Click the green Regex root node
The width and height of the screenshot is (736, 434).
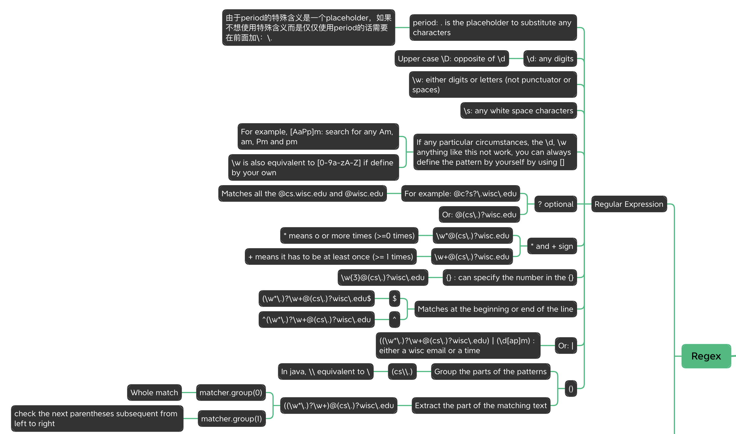coord(706,356)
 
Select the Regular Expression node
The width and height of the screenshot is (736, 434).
coord(629,204)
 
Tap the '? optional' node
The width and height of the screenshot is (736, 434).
coord(556,204)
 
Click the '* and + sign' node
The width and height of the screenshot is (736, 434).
coord(552,246)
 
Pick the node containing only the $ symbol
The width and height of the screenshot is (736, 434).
coord(394,298)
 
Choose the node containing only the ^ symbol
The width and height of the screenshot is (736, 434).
coord(394,319)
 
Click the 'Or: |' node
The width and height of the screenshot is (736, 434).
coord(566,346)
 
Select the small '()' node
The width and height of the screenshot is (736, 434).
coord(571,389)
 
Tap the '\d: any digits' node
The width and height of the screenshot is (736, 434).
coord(550,59)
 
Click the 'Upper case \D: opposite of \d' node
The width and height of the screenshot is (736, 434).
coord(452,59)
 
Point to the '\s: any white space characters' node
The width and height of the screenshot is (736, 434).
coord(519,111)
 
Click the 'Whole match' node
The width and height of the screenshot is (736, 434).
coord(154,393)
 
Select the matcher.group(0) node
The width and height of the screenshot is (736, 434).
coord(231,393)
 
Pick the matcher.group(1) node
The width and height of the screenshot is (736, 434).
coord(232,419)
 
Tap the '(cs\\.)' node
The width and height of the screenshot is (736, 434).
coord(402,371)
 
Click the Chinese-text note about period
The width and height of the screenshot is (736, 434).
coord(309,28)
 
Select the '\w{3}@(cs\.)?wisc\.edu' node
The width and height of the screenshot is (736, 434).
coord(383,277)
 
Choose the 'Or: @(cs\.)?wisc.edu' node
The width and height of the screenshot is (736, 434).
coord(479,215)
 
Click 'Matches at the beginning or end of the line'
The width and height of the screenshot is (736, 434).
coord(496,309)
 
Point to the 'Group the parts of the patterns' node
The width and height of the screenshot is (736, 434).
coord(491,371)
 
